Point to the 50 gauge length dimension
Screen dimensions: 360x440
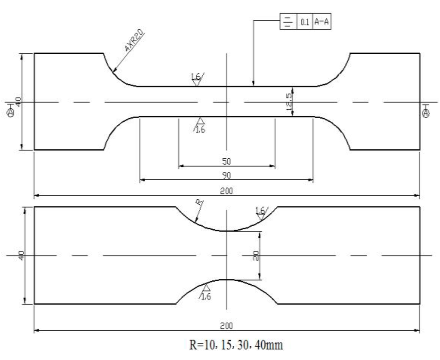[226, 161]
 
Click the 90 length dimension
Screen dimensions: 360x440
[226, 175]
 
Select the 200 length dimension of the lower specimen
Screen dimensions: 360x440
[226, 326]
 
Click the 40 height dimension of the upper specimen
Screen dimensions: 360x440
[18, 102]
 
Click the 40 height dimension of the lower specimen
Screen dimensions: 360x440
[21, 255]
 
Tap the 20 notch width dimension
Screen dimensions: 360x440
[255, 255]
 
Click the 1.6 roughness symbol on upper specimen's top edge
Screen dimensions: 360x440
[197, 79]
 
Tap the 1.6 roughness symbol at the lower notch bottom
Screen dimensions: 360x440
[205, 292]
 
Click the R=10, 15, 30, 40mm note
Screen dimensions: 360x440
[226, 345]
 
